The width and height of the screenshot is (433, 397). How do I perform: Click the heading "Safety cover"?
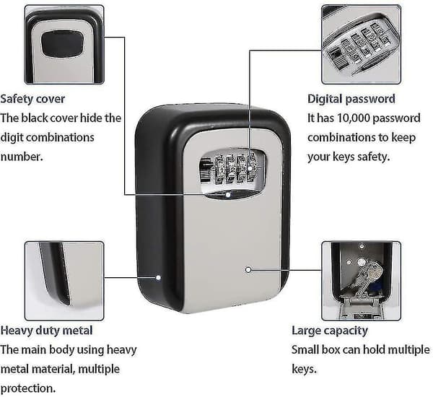pyautogui.click(x=32, y=99)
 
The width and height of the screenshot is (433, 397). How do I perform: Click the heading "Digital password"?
pyautogui.click(x=351, y=99)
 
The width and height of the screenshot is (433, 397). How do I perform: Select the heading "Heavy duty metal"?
pyautogui.click(x=46, y=331)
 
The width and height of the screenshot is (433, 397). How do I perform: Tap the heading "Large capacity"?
pyautogui.click(x=330, y=331)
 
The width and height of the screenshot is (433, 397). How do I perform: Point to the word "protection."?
pyautogui.click(x=28, y=388)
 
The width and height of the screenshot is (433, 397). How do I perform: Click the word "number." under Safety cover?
pyautogui.click(x=22, y=157)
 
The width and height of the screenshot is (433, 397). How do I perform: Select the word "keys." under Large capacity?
pyautogui.click(x=304, y=369)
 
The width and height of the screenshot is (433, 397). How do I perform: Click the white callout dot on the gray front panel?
pyautogui.click(x=248, y=270)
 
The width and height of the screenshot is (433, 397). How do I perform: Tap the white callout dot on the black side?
pyautogui.click(x=158, y=277)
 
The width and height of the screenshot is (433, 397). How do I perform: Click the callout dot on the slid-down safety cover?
pyautogui.click(x=228, y=195)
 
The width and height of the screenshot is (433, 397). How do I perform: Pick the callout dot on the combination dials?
pyautogui.click(x=250, y=168)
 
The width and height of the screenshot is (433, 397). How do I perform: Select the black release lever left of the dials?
pyautogui.click(x=206, y=170)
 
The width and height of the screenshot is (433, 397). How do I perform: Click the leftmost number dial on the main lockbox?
pyautogui.click(x=219, y=169)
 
